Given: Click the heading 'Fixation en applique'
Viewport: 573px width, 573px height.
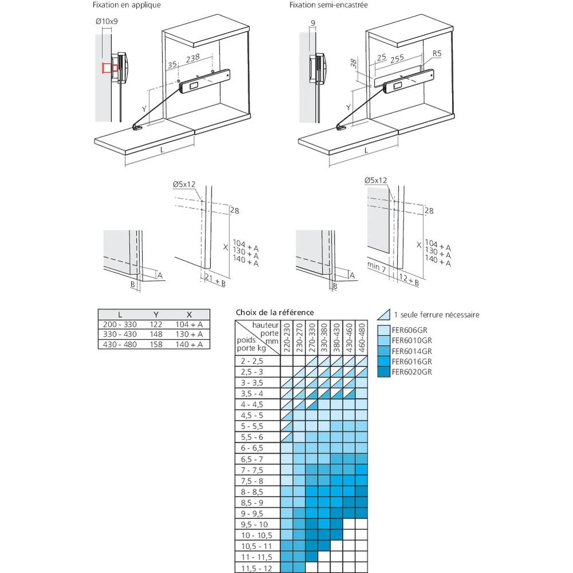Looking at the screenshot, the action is [x=127, y=5].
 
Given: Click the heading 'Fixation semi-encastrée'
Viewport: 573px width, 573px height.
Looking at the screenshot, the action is [x=328, y=5].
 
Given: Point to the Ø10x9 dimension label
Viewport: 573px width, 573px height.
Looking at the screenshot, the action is [x=107, y=21].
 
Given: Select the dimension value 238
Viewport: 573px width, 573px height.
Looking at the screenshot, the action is [x=193, y=58].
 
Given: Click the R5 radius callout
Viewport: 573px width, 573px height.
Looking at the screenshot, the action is [x=437, y=53].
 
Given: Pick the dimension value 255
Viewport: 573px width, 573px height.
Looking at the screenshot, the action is [x=397, y=58].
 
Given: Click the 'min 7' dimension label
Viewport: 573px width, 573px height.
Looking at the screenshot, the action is [x=376, y=267].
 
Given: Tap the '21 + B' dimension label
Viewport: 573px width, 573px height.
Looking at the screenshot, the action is [x=215, y=280].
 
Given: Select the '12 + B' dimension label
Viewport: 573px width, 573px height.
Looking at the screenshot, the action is [x=409, y=280].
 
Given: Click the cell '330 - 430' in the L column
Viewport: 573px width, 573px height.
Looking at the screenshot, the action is [x=120, y=335].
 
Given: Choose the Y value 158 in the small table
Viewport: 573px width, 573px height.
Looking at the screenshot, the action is [x=156, y=344].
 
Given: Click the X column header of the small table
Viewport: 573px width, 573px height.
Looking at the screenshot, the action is [x=189, y=315].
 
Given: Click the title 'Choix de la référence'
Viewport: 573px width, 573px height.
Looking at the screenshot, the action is [x=275, y=312].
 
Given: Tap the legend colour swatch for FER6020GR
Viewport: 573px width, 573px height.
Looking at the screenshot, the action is [x=384, y=372].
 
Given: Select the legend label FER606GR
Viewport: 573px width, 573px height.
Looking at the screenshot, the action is [x=410, y=330].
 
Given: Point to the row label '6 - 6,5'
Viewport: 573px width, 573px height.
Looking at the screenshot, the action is [x=252, y=448].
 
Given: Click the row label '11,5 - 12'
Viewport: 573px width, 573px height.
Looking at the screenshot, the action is [x=257, y=568].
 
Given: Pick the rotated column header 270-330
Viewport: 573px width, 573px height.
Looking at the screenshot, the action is [x=312, y=337].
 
